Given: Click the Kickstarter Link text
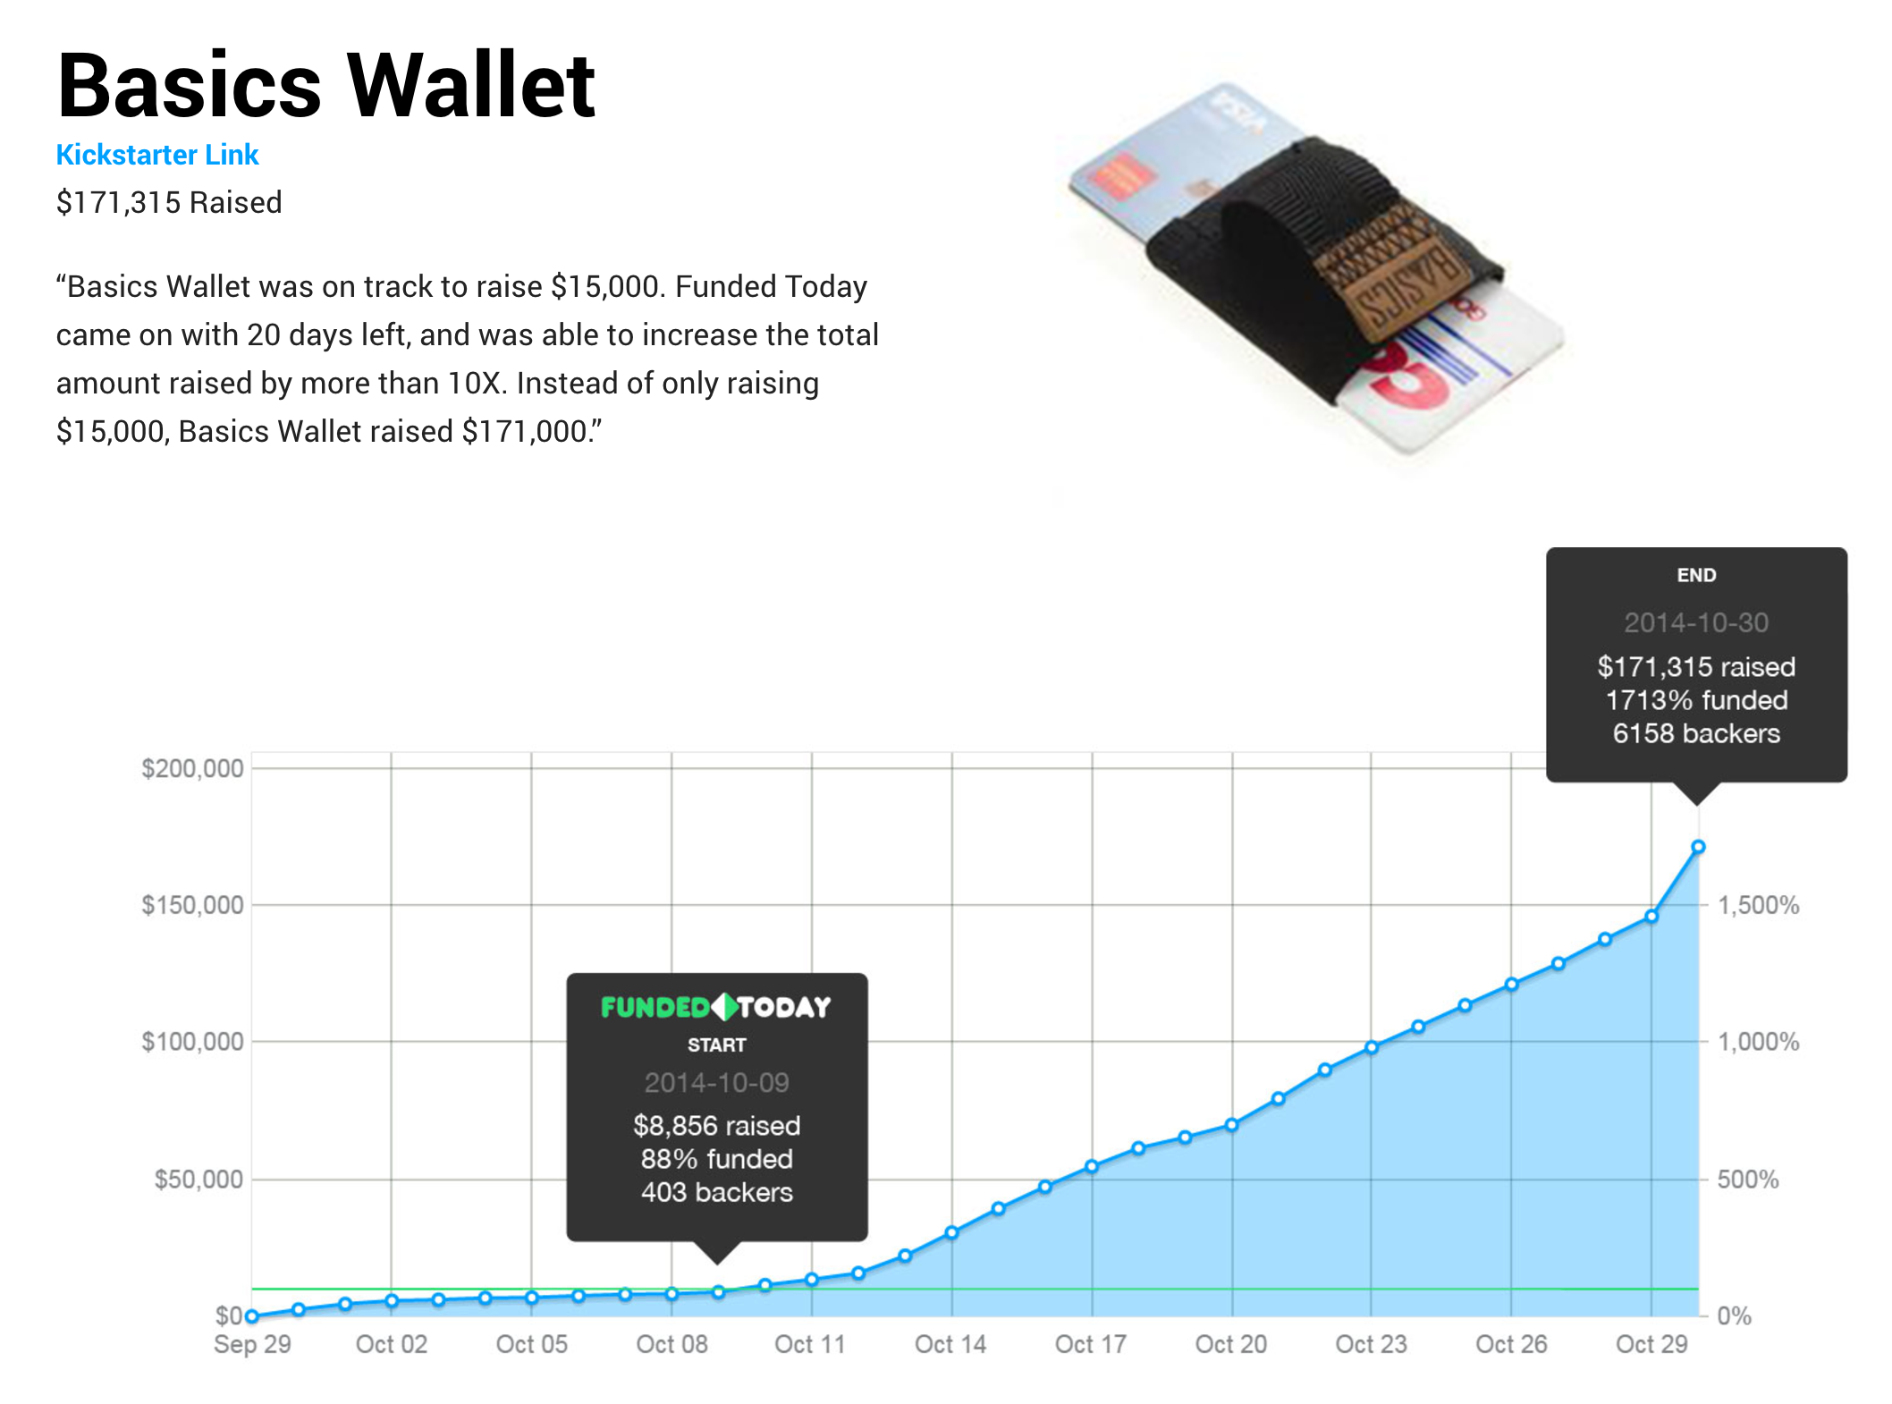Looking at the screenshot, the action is (157, 155).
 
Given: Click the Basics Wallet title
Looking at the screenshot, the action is (326, 85).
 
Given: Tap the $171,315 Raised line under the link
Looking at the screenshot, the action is (169, 202).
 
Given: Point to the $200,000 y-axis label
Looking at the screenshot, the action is (192, 768).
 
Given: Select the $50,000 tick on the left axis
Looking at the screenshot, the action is (198, 1179).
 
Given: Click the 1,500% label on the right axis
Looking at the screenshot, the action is (1759, 905).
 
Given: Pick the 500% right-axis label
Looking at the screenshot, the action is (1748, 1179).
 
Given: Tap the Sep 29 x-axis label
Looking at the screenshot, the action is (252, 1344).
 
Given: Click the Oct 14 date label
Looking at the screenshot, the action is (950, 1344).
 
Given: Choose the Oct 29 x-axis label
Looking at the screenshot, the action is (1651, 1344).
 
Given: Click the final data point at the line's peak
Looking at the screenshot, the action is (1698, 847).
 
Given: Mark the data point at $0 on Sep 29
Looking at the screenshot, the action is (252, 1315).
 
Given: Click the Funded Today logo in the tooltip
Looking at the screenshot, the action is (716, 1007).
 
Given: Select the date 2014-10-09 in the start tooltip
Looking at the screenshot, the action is (716, 1083).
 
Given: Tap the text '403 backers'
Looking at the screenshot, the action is (716, 1192).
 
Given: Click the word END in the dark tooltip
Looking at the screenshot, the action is (1696, 575).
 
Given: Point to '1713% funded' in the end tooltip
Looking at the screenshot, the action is (1696, 700).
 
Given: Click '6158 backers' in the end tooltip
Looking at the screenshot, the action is (1696, 733).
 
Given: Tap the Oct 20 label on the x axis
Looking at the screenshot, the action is (1231, 1344).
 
